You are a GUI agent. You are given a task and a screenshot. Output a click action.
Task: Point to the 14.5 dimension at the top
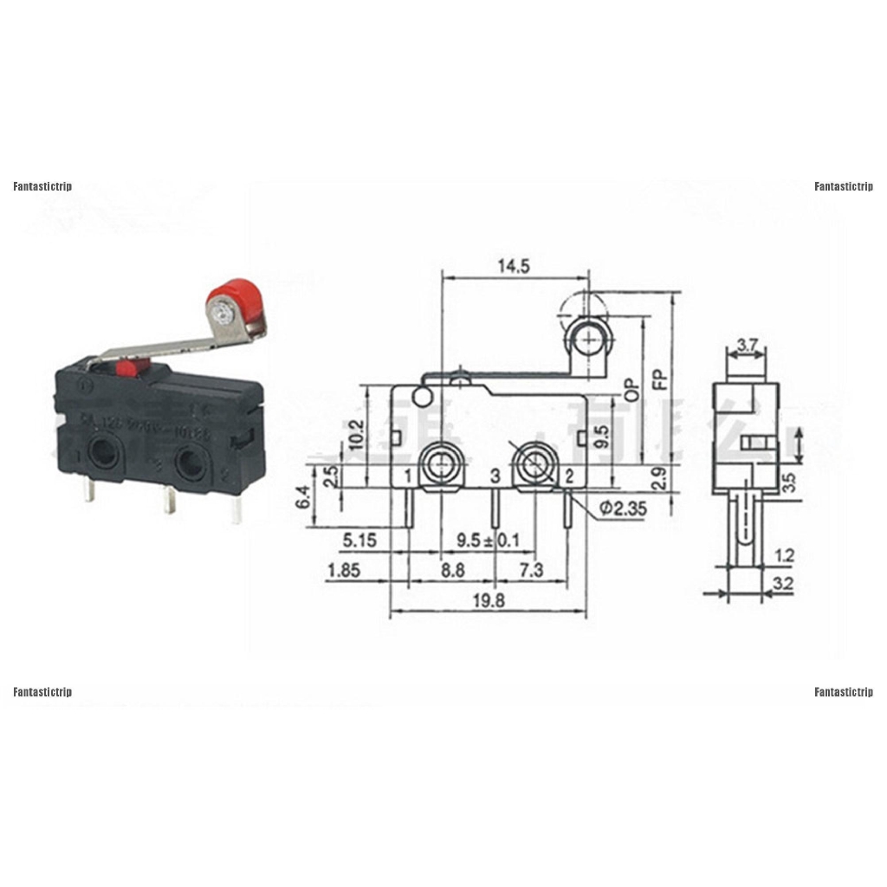tap(513, 267)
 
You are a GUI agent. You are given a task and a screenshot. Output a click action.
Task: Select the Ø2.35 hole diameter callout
tap(622, 509)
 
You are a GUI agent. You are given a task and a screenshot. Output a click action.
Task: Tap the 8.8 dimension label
tap(452, 571)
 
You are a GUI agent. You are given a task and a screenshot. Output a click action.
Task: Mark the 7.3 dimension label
tap(531, 571)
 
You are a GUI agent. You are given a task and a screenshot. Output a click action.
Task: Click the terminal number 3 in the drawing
tap(495, 476)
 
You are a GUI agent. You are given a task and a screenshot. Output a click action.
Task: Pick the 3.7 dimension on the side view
tap(747, 346)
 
